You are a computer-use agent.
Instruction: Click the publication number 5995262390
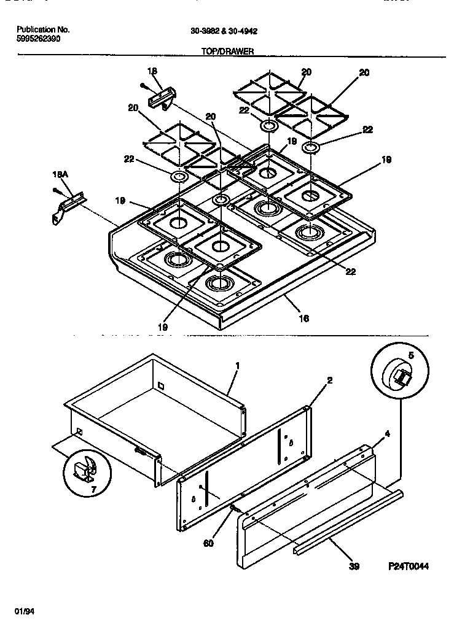pyautogui.click(x=38, y=38)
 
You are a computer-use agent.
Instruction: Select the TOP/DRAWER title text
pyautogui.click(x=227, y=52)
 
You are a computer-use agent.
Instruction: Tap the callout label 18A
pyautogui.click(x=59, y=175)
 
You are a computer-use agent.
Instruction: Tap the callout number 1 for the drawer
pyautogui.click(x=238, y=366)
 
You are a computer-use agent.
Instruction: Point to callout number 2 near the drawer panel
pyautogui.click(x=329, y=381)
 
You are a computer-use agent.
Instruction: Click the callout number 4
pyautogui.click(x=386, y=434)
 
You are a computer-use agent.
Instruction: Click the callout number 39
pyautogui.click(x=353, y=566)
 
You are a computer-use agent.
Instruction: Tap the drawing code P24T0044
pyautogui.click(x=408, y=566)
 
